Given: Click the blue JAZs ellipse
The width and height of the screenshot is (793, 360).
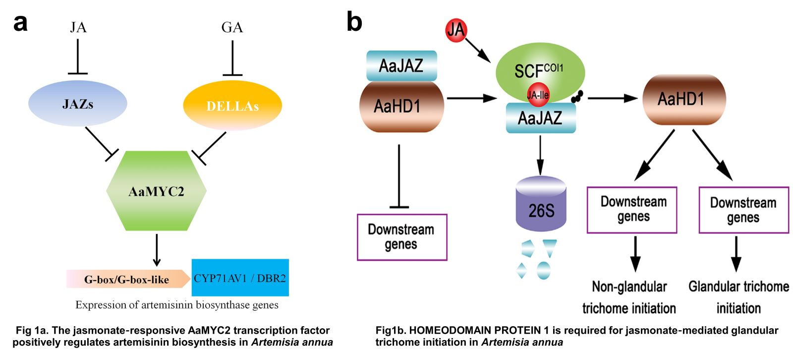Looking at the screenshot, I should (x=78, y=103).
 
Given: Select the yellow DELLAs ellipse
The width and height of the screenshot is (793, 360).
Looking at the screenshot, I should (x=232, y=105).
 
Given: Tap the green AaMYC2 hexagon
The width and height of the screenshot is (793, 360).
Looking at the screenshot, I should (x=156, y=190).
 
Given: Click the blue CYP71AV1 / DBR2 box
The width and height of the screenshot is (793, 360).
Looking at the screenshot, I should (x=240, y=278).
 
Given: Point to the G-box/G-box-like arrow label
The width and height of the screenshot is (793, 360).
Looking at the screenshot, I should (x=127, y=279).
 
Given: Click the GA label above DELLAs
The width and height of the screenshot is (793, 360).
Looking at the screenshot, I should (x=232, y=27).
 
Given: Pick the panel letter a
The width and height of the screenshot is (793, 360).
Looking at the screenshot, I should (x=20, y=22).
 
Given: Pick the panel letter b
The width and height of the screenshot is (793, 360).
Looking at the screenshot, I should (x=354, y=22).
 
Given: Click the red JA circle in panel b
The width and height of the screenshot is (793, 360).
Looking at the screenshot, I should (x=455, y=30).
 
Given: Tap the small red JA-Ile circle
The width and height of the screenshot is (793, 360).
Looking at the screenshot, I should (x=538, y=95).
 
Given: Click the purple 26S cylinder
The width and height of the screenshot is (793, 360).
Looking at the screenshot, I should (x=541, y=204).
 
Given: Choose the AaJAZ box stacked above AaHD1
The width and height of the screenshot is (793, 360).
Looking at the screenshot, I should (x=401, y=65).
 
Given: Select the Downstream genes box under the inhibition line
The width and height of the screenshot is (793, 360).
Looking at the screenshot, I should (x=402, y=237).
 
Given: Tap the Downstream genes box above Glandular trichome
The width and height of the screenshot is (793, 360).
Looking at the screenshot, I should (x=743, y=210).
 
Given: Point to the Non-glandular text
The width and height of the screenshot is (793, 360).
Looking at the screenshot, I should (x=629, y=287).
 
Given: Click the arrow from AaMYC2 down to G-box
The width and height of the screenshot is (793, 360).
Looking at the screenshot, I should (x=157, y=249).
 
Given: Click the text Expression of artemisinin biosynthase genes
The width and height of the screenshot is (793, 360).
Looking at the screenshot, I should (x=177, y=305).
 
